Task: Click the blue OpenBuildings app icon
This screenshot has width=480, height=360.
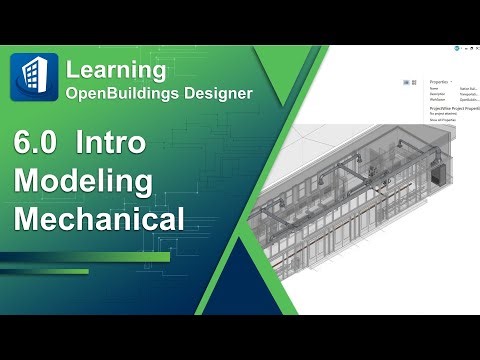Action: coord(35,77)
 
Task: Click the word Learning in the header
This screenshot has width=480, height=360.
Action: coord(116,70)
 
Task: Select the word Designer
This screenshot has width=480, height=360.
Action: coord(214,93)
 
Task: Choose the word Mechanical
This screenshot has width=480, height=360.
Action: coord(99,218)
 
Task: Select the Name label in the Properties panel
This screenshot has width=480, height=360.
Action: coord(433,89)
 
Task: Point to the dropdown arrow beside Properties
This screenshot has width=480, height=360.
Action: coord(452,82)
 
